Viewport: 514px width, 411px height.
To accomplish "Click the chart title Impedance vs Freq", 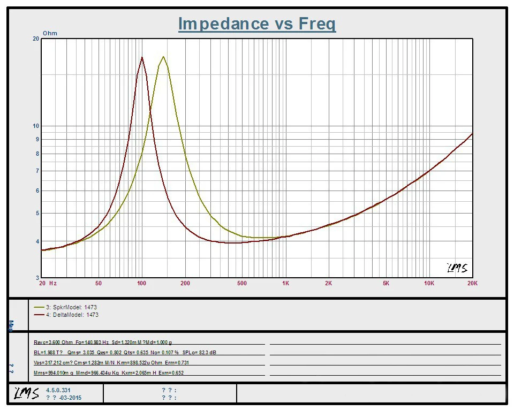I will click(257, 24).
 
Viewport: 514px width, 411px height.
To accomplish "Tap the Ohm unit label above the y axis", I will click(50, 33).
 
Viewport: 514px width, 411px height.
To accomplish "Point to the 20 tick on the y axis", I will click(36, 39).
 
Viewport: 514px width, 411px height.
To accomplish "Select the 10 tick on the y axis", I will click(36, 126).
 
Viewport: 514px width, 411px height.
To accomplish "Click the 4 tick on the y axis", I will click(37, 241).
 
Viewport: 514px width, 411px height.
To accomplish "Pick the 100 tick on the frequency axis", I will click(142, 283).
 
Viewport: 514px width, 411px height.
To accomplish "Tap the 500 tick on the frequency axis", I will click(242, 283).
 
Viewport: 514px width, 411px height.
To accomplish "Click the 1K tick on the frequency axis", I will click(285, 283).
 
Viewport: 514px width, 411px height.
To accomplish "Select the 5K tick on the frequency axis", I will click(385, 283).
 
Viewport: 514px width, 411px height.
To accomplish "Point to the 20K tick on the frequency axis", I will click(472, 283).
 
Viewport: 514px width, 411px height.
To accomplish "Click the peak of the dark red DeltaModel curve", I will click(142, 57).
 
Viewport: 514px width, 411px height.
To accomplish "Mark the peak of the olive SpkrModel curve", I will click(163, 57).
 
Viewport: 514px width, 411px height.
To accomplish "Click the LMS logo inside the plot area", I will click(456, 268).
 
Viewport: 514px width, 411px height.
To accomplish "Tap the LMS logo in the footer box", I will click(26, 394).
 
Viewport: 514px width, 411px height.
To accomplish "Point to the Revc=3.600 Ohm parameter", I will click(52, 342).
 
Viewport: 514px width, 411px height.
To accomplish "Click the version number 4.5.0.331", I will click(58, 391).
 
